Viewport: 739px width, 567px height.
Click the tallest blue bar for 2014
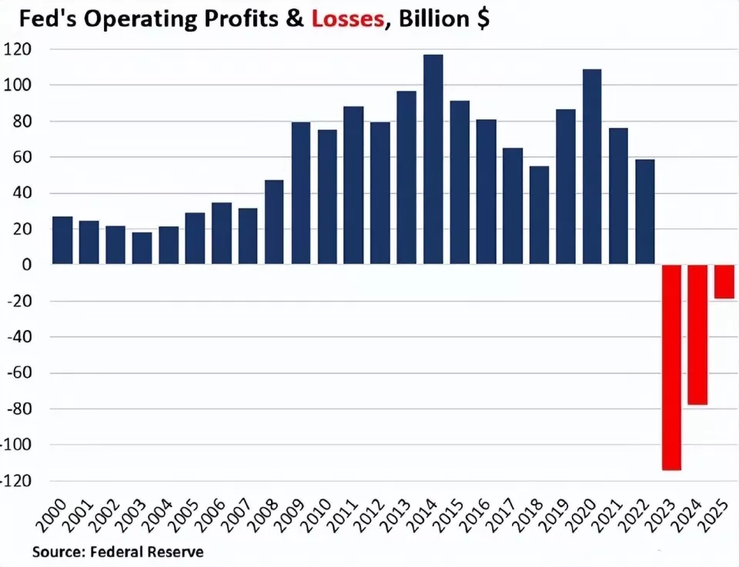(433, 160)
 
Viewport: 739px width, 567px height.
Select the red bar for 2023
(672, 367)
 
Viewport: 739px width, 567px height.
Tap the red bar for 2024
(698, 335)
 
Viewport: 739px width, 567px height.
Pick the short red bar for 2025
(724, 282)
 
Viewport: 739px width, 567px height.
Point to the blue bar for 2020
(592, 167)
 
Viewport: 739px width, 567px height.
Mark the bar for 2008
(274, 222)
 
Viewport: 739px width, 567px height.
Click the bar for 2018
(539, 215)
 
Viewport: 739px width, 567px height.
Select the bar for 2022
(644, 212)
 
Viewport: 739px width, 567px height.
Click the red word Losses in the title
(348, 18)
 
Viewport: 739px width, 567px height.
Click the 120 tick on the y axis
(18, 49)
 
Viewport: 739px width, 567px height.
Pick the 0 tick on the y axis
(27, 265)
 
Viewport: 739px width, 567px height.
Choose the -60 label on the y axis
(18, 373)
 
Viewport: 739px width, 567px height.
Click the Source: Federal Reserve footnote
(118, 552)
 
